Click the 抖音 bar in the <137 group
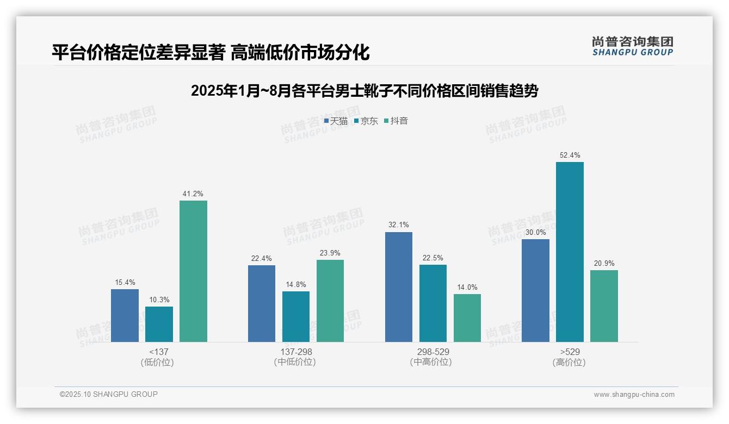click(x=193, y=271)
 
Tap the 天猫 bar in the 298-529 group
click(x=399, y=287)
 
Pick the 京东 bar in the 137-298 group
click(x=296, y=316)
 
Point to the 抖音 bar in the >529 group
click(x=604, y=306)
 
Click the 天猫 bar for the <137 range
click(x=125, y=315)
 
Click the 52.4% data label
click(x=570, y=155)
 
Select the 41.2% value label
click(x=193, y=194)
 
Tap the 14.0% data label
click(x=467, y=288)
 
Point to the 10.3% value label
click(x=159, y=300)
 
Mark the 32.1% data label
click(x=399, y=225)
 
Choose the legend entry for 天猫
click(x=336, y=121)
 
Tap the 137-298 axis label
click(x=296, y=352)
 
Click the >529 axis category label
click(x=570, y=352)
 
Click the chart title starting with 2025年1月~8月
click(x=364, y=91)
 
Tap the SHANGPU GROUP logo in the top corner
click(x=632, y=46)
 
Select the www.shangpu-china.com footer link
click(x=634, y=395)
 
